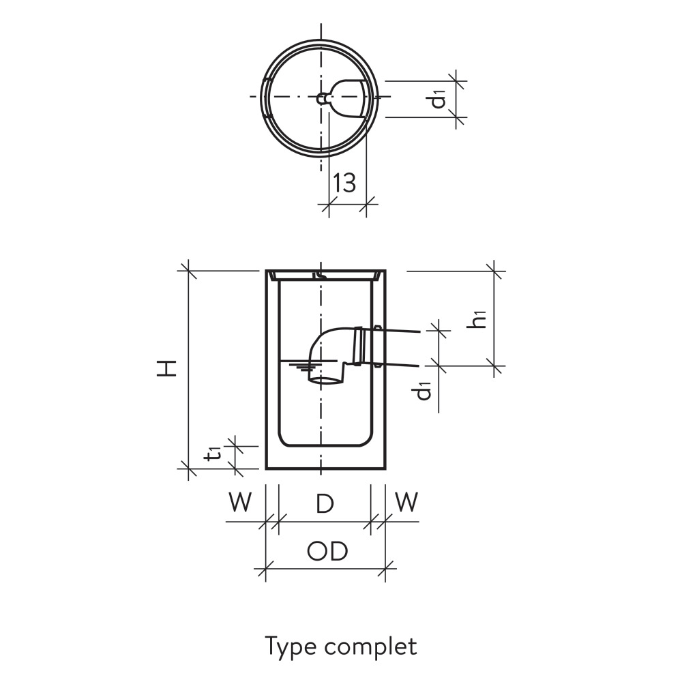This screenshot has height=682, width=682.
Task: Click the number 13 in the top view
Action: tap(345, 183)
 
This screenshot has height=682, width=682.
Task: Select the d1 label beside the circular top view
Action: tap(439, 99)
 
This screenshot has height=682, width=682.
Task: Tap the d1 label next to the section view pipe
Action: tap(424, 390)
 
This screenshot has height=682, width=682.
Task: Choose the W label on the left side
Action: tap(239, 503)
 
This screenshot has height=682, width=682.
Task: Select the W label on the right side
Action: tap(406, 503)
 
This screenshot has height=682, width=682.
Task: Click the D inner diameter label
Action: tap(325, 504)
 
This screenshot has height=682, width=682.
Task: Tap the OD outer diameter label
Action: tap(327, 551)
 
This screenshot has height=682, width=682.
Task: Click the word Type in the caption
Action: tap(292, 646)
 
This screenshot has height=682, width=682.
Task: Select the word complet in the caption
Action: tap(370, 646)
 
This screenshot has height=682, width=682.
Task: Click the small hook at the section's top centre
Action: tap(320, 274)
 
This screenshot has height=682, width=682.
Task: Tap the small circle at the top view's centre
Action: tap(321, 98)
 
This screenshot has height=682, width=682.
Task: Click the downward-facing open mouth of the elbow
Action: tap(327, 379)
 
